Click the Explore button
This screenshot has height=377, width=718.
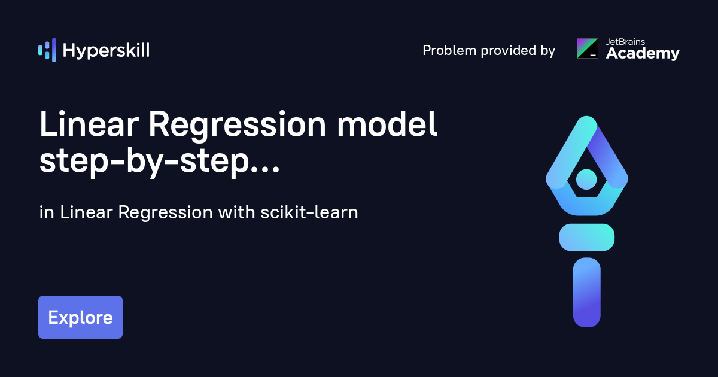80,317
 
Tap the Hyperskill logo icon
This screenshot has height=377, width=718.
47,50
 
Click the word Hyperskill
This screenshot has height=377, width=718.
106,51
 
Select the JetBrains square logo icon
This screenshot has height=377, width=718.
588,48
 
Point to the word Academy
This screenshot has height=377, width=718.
643,53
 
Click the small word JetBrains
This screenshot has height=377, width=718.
625,42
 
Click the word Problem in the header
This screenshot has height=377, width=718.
449,50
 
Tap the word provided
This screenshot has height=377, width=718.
509,50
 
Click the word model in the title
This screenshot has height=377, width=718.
387,124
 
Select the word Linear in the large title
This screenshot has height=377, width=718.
89,124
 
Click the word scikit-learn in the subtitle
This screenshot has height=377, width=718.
309,212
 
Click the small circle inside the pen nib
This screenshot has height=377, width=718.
586,180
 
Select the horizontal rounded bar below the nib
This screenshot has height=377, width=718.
587,238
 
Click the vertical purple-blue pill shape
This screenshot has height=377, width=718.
587,293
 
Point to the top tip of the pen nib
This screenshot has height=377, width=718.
587,116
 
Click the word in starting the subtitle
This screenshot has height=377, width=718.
47,212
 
